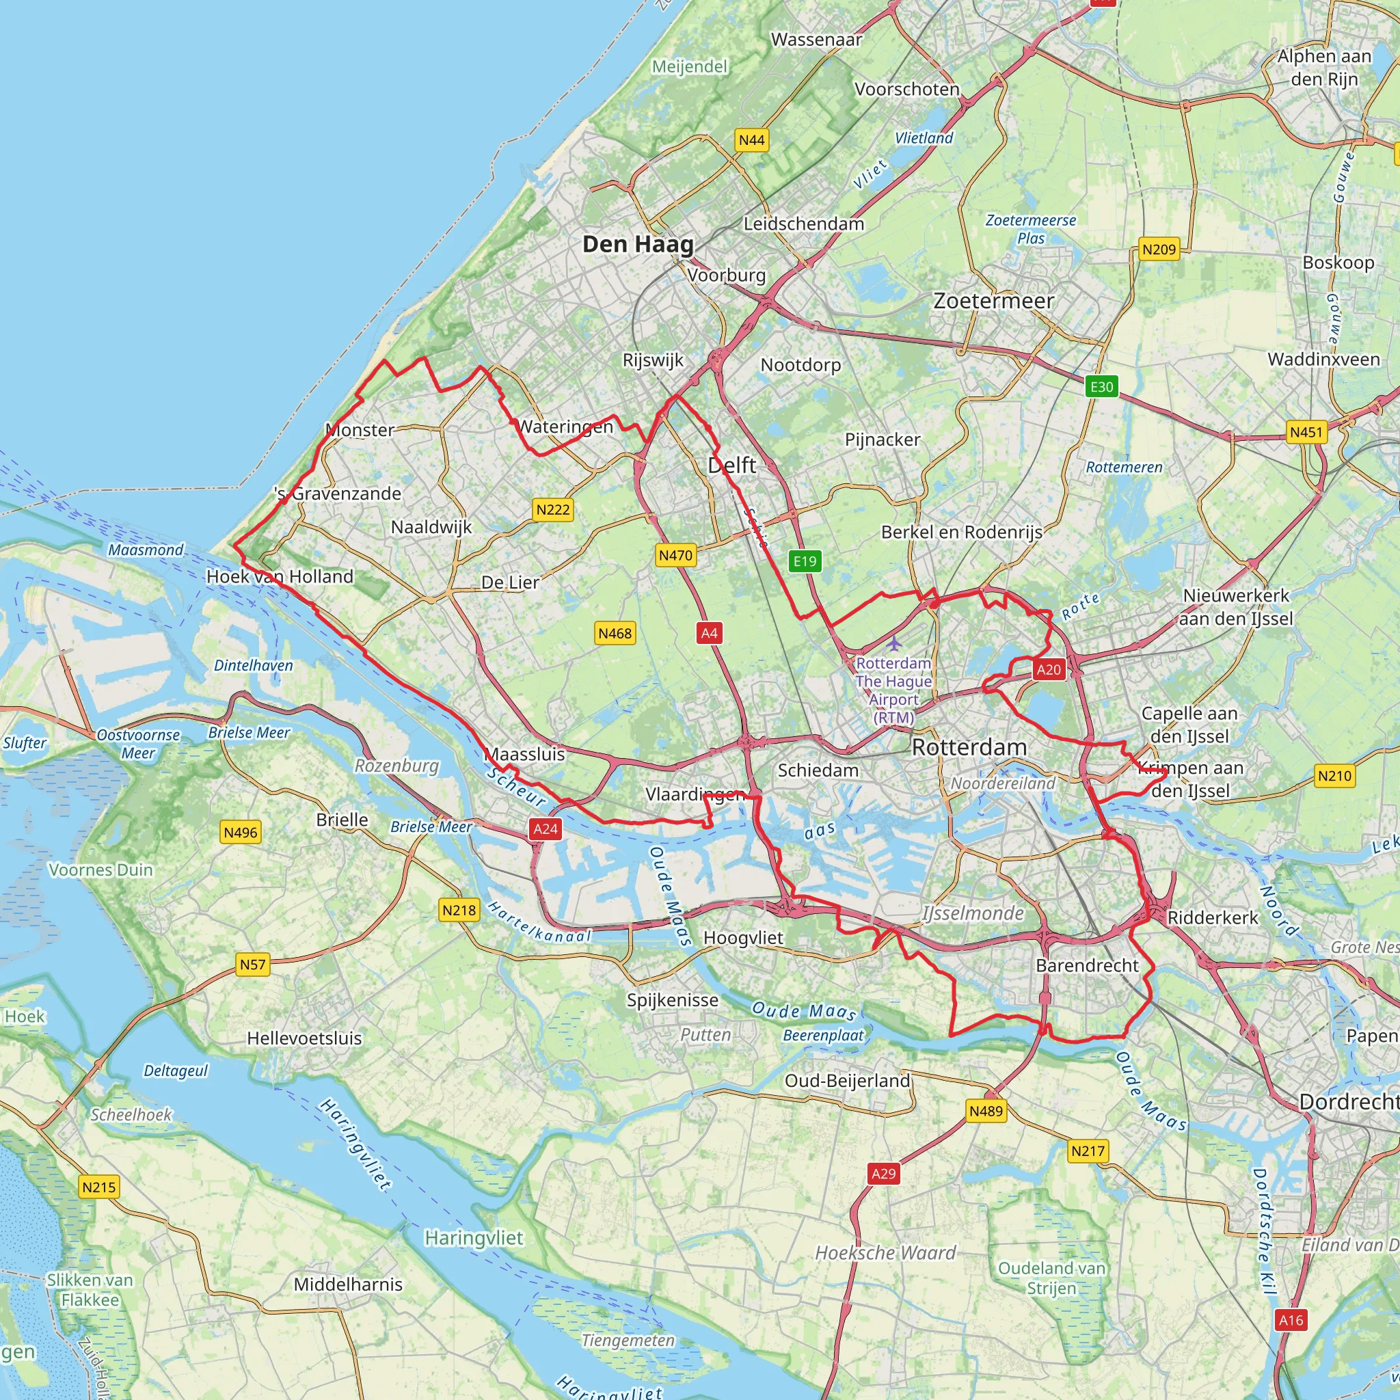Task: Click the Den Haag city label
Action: point(638,244)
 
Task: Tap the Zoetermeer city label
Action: point(993,301)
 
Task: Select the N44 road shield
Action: point(751,140)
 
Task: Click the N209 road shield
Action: point(1159,250)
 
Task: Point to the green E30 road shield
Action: point(1101,386)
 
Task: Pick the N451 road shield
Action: point(1306,432)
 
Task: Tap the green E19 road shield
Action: point(805,561)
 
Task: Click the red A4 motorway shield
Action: point(709,633)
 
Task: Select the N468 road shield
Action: point(615,633)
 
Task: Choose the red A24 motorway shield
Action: point(545,829)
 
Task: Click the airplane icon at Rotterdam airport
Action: point(895,643)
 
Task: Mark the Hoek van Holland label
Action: point(280,577)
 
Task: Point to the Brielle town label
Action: point(342,820)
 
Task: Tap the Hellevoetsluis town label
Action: point(304,1038)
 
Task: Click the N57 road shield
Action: point(252,965)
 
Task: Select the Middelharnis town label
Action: point(348,1284)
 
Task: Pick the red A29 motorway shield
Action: point(883,1174)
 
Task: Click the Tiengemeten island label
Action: point(628,1341)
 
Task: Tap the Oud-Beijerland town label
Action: point(847,1081)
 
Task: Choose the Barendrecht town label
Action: point(1087,965)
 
